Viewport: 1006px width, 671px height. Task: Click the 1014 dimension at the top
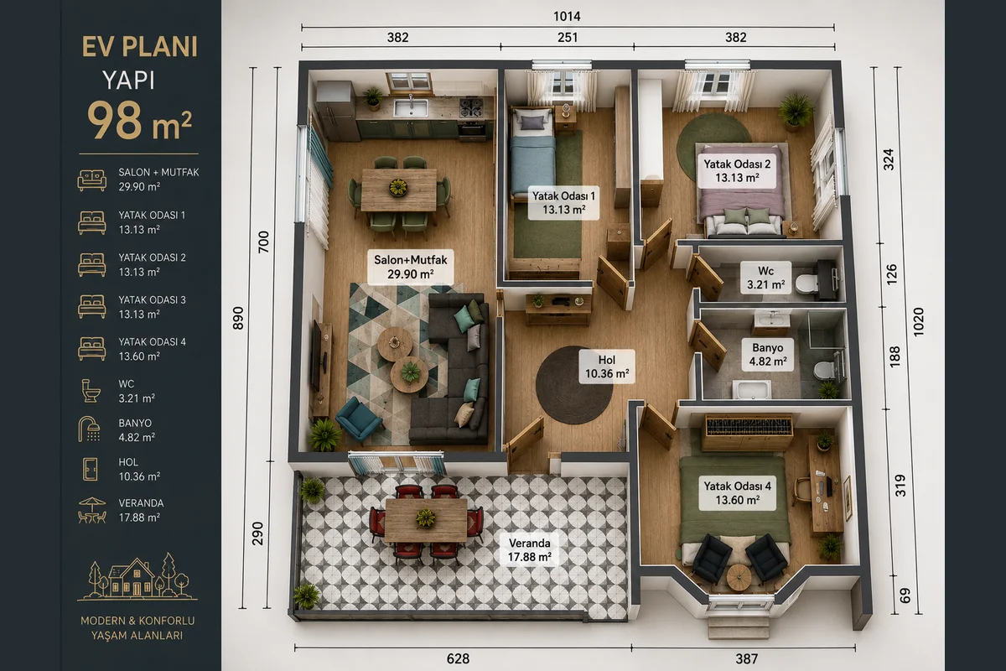tap(567, 17)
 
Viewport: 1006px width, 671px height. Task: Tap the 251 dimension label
tap(568, 37)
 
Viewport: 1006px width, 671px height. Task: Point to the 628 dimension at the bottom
tap(458, 659)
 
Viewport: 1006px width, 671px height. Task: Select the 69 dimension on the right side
tap(905, 596)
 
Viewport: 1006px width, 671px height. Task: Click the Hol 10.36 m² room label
tap(607, 367)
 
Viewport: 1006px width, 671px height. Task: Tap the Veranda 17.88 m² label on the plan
tap(530, 550)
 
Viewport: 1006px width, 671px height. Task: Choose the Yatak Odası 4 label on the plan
tap(738, 493)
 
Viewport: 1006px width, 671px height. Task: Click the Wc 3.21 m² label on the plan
tap(765, 278)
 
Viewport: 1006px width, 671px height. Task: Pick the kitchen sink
tap(411, 107)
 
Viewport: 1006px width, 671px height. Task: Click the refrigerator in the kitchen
tap(337, 111)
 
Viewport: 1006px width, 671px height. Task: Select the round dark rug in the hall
tap(573, 385)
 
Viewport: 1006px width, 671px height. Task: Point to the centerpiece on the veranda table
tap(425, 518)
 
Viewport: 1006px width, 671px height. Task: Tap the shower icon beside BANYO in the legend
tap(89, 429)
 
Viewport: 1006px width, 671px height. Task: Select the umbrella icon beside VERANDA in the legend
tap(92, 510)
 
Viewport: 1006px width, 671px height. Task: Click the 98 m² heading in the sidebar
tap(140, 121)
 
